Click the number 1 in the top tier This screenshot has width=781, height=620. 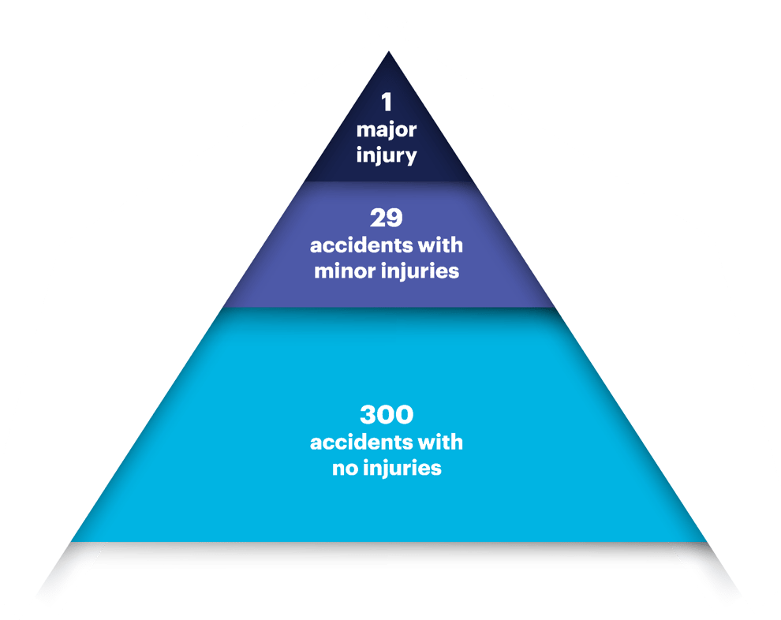click(x=387, y=103)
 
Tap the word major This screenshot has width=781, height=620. click(x=387, y=129)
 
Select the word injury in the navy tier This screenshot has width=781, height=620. click(x=387, y=155)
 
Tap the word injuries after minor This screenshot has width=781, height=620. click(x=423, y=273)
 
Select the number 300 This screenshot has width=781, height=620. click(x=387, y=415)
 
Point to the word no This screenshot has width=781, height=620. click(x=343, y=468)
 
